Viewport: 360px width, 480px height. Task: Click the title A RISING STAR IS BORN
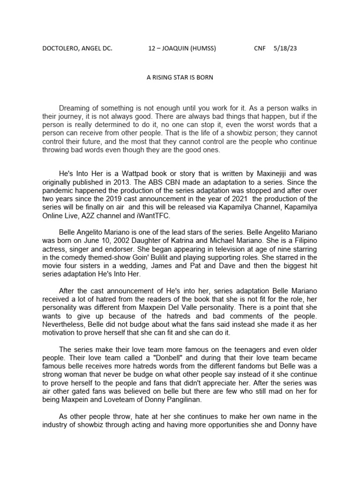coord(180,77)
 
